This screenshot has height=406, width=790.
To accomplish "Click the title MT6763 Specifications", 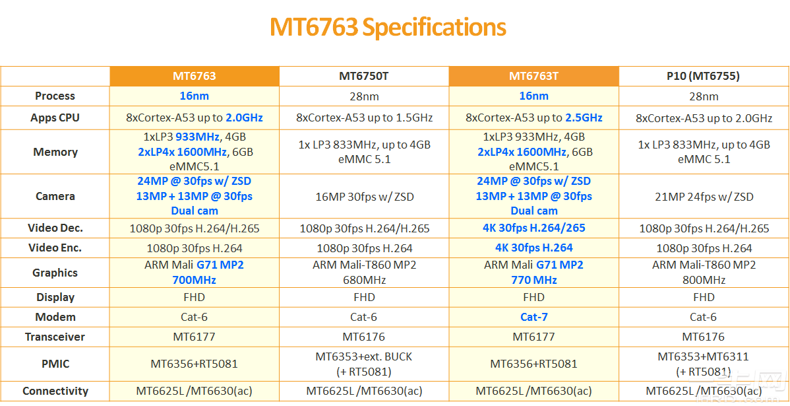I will pos(388,28).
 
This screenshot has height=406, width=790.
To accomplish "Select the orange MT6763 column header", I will pos(195,76).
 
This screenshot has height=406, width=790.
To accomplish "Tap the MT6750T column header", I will pos(364,76).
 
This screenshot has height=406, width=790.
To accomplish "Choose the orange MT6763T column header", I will pos(533,76).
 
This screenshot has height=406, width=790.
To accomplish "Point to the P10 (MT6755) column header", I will pos(703,76).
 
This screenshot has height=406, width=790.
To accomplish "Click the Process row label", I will pos(55,96).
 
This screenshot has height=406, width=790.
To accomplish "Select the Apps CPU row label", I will pos(55,118).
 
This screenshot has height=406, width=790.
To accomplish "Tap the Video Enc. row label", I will pos(55,248).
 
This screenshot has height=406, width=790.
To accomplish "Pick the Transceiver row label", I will pos(55,337).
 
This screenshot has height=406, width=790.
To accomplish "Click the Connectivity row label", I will pos(55,391).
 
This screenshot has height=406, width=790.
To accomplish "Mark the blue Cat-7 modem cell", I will pos(533,317).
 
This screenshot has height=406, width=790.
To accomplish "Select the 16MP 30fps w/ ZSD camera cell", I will pos(364,196).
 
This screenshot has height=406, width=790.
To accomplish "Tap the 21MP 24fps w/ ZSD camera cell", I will pos(703,196).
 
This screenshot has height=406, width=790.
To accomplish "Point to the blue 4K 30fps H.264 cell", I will pos(533,248).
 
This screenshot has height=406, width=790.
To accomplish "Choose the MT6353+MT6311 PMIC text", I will pos(703,356).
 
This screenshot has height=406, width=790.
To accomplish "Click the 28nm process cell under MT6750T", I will pos(364,96).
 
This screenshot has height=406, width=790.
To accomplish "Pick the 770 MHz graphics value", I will pos(533,280).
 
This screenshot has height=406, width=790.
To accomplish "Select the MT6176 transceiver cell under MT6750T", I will pos(364,337).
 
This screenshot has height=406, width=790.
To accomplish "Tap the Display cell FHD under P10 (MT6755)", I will pos(703,297).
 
